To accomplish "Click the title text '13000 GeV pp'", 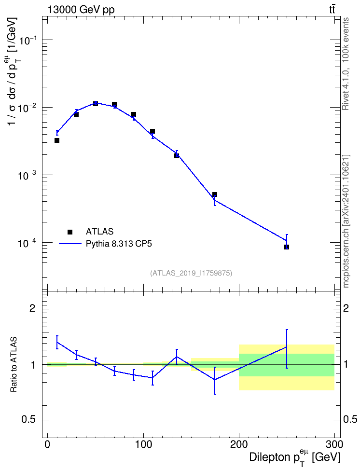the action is pyautogui.click(x=81, y=10).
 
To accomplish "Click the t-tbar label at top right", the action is pyautogui.click(x=332, y=9).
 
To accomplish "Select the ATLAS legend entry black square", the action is pyautogui.click(x=70, y=232).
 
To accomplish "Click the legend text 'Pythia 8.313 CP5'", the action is pyautogui.click(x=119, y=244).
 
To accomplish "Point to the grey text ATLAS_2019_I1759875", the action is pyautogui.click(x=191, y=273).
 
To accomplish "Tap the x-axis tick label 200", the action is pyautogui.click(x=239, y=444).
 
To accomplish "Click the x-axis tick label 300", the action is pyautogui.click(x=334, y=444).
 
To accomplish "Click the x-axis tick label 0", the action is pyautogui.click(x=48, y=444).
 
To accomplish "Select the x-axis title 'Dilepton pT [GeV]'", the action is pyautogui.click(x=294, y=458).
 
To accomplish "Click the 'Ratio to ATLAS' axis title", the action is pyautogui.click(x=14, y=365).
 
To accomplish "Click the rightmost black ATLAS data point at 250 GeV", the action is pyautogui.click(x=287, y=247).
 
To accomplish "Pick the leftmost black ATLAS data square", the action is pyautogui.click(x=57, y=140).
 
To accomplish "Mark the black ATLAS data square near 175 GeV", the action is pyautogui.click(x=215, y=194).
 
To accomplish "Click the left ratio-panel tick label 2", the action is pyautogui.click(x=32, y=308).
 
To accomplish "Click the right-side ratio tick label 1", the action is pyautogui.click(x=346, y=365).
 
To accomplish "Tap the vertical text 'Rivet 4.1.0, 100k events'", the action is pyautogui.click(x=346, y=64).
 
